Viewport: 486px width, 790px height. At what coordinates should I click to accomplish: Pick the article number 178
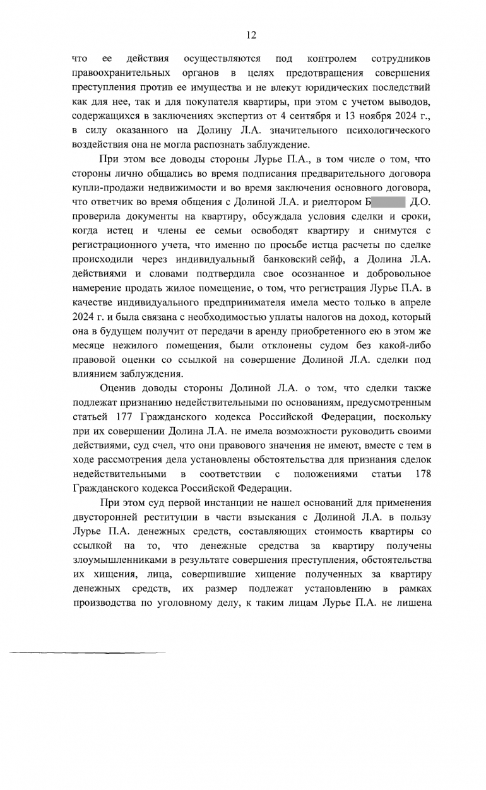[x=423, y=473]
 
